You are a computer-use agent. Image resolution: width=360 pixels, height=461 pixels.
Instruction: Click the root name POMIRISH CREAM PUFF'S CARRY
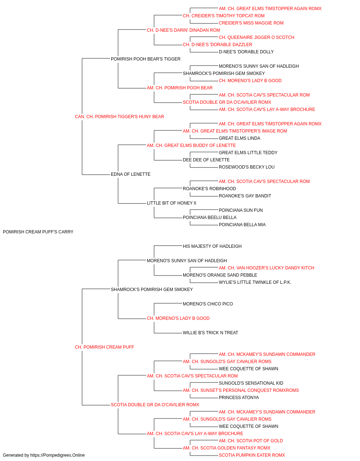(38, 232)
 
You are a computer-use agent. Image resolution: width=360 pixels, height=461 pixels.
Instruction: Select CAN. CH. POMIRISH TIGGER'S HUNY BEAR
(120, 117)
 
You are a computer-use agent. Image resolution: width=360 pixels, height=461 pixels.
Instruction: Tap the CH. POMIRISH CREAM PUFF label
(104, 347)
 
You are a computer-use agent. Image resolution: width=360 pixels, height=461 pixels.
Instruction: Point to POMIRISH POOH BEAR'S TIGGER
(145, 59)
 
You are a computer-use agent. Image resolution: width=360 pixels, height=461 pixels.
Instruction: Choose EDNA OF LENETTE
(131, 174)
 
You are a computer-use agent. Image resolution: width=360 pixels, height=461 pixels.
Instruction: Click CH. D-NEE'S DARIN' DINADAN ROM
(183, 30)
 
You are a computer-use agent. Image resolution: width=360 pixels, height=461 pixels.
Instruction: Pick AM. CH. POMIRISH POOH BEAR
(180, 88)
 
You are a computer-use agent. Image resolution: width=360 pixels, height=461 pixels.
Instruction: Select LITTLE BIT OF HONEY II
(171, 203)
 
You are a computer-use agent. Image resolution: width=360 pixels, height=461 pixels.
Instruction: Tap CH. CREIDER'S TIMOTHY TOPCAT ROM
(224, 16)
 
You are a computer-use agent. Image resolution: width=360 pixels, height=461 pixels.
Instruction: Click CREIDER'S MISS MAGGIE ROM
(251, 23)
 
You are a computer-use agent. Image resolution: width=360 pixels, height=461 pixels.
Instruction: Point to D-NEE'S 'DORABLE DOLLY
(246, 52)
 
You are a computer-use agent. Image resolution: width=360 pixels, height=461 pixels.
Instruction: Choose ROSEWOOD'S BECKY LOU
(247, 167)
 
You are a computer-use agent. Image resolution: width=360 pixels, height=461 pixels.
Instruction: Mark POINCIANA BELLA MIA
(242, 225)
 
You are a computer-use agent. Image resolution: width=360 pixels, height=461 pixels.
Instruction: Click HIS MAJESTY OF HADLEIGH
(212, 246)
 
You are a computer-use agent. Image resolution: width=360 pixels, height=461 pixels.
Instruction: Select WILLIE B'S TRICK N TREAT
(210, 333)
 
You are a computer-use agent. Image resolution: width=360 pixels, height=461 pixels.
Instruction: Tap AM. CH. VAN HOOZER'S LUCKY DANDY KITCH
(266, 268)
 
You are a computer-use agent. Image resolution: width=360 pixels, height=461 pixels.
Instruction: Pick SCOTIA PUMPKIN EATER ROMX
(252, 455)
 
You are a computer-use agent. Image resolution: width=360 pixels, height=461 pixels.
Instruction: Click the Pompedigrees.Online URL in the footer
(57, 455)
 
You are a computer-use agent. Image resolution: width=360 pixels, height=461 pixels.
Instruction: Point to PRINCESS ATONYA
(239, 398)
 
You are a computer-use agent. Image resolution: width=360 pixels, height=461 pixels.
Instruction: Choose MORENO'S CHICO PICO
(208, 304)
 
